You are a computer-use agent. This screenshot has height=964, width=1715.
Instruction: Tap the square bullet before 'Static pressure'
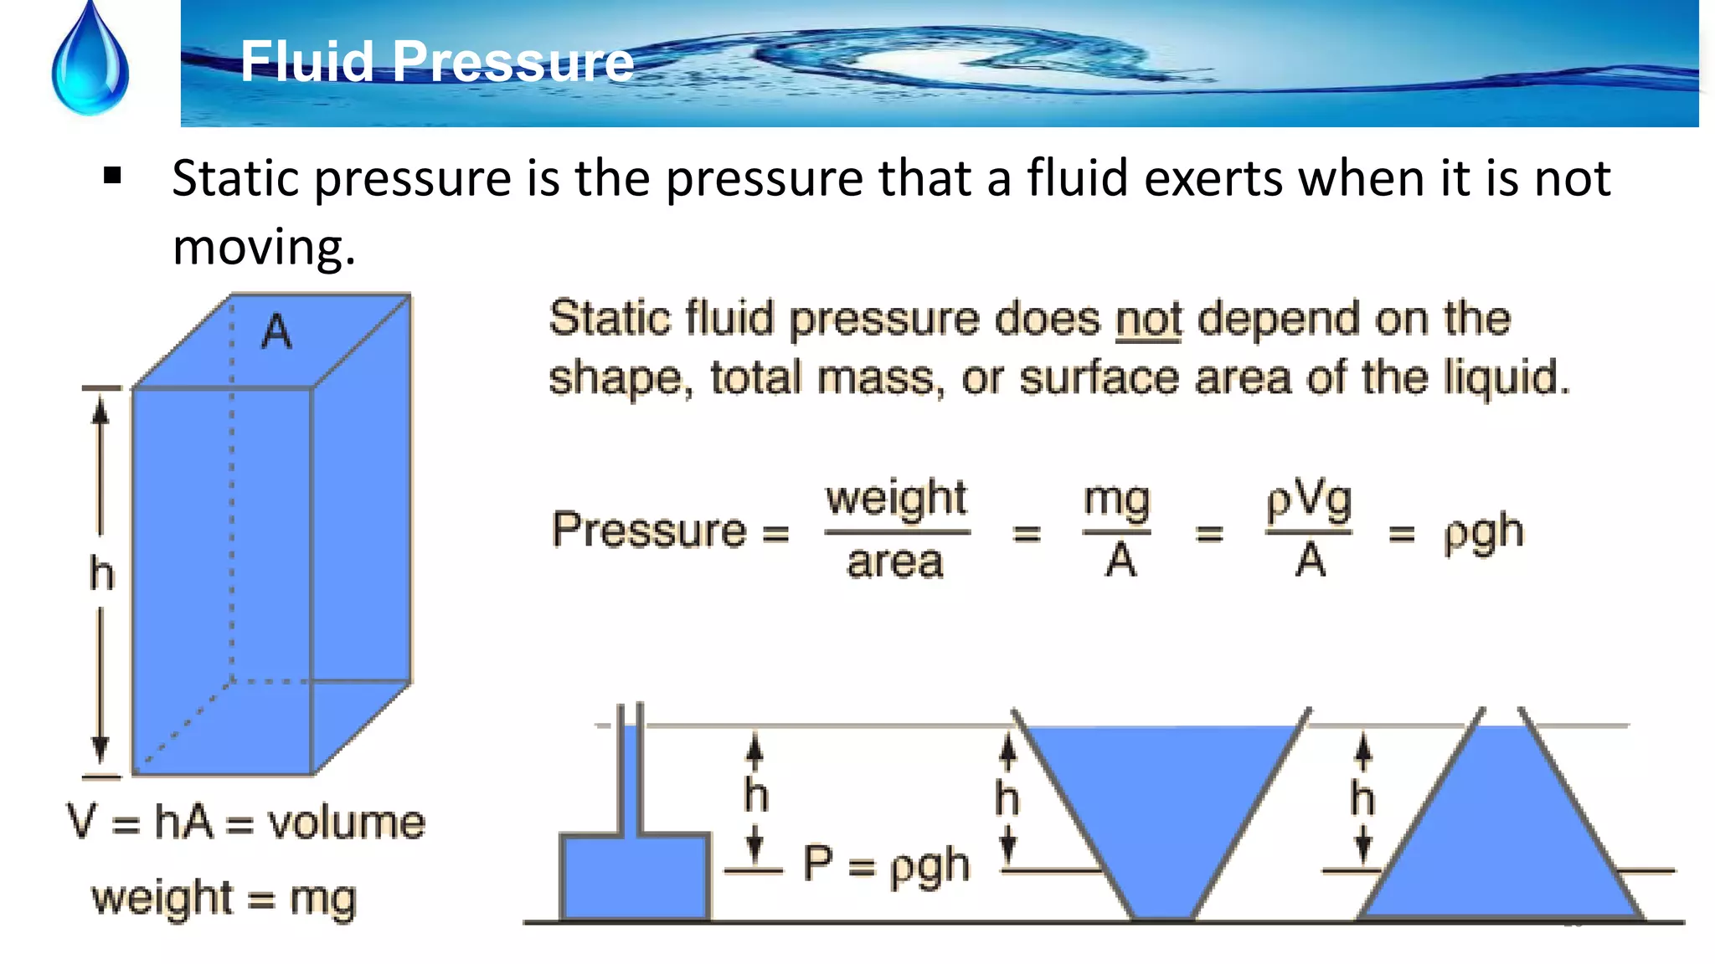[112, 177]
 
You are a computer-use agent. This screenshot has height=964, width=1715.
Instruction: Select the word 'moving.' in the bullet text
[264, 247]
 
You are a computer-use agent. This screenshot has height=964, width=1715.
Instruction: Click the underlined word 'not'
[1148, 320]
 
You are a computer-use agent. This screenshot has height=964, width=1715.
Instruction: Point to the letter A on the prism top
[276, 332]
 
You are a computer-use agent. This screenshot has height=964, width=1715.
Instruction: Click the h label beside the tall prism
[101, 575]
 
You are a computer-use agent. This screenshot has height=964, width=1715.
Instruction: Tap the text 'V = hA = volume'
[246, 822]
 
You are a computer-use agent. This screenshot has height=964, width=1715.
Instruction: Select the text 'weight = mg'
[224, 899]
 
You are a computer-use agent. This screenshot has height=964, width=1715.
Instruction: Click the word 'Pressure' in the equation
[648, 530]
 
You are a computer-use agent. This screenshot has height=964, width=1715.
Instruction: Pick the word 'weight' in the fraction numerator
[896, 499]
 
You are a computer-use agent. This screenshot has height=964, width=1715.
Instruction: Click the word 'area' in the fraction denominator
[895, 562]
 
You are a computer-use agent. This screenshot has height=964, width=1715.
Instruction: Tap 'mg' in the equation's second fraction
[1116, 500]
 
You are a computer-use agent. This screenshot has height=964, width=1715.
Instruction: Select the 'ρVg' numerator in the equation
[1308, 500]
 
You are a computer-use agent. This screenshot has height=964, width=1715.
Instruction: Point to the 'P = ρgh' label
[886, 864]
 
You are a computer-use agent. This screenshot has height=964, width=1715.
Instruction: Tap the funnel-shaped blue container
[1162, 803]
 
